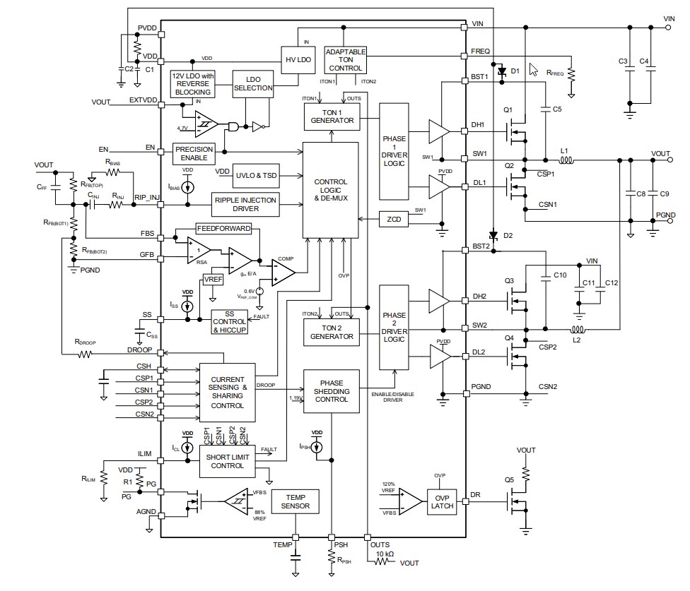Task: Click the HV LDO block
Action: (x=297, y=59)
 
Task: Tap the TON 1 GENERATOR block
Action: (x=332, y=116)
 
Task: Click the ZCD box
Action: (x=394, y=219)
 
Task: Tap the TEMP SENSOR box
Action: (x=295, y=501)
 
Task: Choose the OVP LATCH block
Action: (x=443, y=501)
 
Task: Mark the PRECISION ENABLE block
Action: (x=194, y=154)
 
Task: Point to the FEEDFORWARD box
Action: (x=223, y=229)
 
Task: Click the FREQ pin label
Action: (x=481, y=52)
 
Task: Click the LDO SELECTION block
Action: (x=252, y=83)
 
